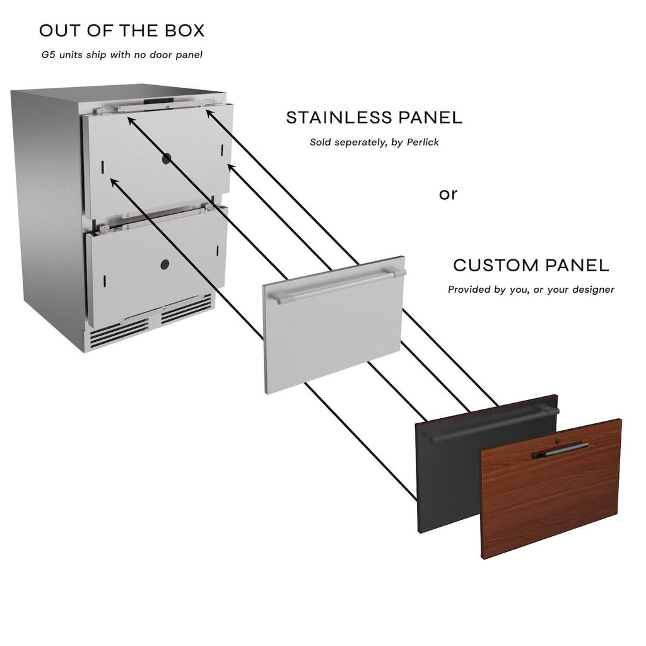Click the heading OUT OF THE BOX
click(x=122, y=31)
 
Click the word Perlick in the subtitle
click(x=423, y=142)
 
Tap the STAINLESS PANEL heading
click(x=374, y=118)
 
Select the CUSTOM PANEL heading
click(x=531, y=266)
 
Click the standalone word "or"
click(x=449, y=194)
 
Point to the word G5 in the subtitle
click(x=48, y=55)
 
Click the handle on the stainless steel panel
click(x=340, y=285)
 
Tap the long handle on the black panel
click(x=495, y=425)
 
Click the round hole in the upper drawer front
click(x=167, y=158)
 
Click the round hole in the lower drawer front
click(x=165, y=264)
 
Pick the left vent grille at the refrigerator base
click(x=119, y=333)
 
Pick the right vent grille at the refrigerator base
click(x=186, y=308)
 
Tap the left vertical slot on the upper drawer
click(x=102, y=167)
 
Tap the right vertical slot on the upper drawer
click(x=222, y=150)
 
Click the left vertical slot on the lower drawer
click(x=105, y=281)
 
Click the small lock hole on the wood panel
click(x=558, y=441)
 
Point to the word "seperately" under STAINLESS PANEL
click(x=361, y=143)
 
